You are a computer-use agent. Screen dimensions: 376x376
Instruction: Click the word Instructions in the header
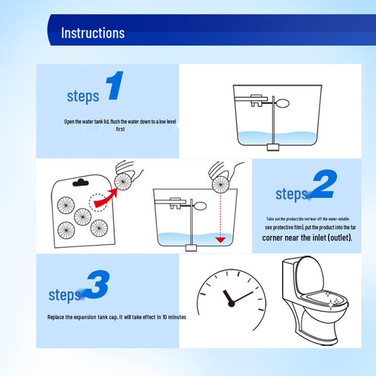(93, 33)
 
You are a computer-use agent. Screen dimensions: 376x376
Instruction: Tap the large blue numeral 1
(115, 86)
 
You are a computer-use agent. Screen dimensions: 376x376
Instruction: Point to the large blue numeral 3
(98, 284)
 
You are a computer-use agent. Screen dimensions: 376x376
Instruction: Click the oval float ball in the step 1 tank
(282, 103)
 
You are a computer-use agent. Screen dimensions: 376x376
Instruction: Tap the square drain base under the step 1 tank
(273, 147)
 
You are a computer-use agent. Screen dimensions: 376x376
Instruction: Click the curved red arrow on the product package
(105, 197)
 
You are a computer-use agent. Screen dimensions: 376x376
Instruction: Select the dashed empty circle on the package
(98, 203)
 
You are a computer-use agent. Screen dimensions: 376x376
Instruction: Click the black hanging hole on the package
(80, 183)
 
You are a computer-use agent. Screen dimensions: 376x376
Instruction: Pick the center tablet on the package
(83, 217)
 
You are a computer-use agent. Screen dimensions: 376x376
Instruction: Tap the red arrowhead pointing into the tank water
(220, 240)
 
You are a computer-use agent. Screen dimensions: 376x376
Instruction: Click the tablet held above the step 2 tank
(221, 185)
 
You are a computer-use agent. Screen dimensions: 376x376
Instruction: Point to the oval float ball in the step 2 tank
(200, 206)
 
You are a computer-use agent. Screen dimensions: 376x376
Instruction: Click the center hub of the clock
(231, 304)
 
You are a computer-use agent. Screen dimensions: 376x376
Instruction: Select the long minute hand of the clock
(243, 298)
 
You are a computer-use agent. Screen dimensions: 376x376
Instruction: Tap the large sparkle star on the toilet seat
(331, 305)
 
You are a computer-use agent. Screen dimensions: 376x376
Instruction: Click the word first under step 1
(120, 129)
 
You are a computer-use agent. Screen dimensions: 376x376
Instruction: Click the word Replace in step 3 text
(55, 317)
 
